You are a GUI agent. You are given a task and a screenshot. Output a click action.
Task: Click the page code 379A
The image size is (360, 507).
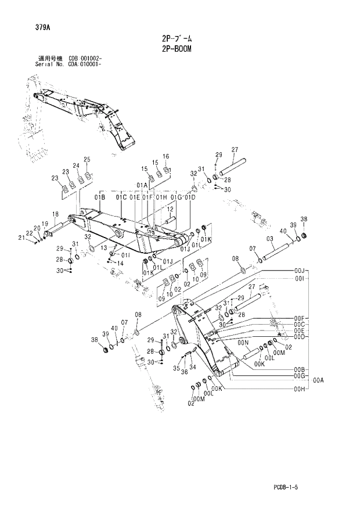pos(27,27)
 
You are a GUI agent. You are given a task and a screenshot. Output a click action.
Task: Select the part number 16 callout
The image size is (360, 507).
pos(165,156)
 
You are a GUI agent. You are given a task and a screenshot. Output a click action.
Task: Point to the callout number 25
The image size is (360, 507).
pos(87,160)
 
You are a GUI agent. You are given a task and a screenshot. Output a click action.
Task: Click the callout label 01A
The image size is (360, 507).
pos(142,185)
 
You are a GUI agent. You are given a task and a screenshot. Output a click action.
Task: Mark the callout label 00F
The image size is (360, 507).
pos(300,318)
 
